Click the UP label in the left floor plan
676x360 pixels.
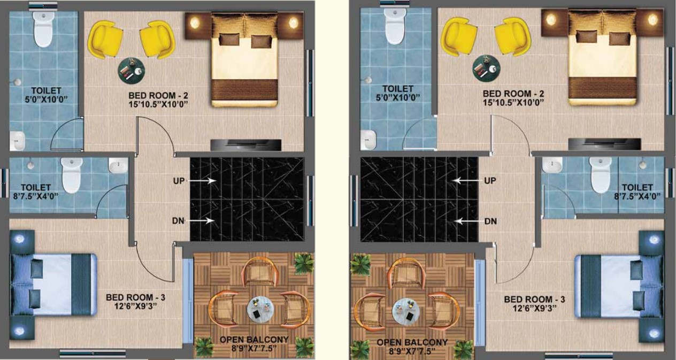[x=179, y=181]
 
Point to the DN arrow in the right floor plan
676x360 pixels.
[x=467, y=221]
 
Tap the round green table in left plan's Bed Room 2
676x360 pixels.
[x=131, y=71]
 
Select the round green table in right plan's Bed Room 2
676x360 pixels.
[x=486, y=68]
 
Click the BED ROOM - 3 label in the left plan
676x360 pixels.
[x=135, y=297]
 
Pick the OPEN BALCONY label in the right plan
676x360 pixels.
[x=412, y=342]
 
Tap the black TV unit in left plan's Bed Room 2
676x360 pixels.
[x=246, y=145]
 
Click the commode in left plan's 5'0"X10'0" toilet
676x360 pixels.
[x=44, y=29]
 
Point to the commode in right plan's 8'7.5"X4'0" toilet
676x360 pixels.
[x=601, y=175]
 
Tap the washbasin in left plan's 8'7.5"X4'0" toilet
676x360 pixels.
[x=118, y=165]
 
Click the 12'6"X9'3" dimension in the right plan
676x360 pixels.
[x=534, y=308]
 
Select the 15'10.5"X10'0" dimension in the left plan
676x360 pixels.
[x=158, y=104]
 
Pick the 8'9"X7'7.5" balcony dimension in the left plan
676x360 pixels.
[x=254, y=348]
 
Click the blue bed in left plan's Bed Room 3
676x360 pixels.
[x=55, y=285]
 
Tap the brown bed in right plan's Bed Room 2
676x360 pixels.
[x=602, y=57]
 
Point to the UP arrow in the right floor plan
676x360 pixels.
[x=467, y=181]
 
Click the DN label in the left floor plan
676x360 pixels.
[x=178, y=221]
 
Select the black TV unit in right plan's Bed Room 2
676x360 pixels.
[x=604, y=144]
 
